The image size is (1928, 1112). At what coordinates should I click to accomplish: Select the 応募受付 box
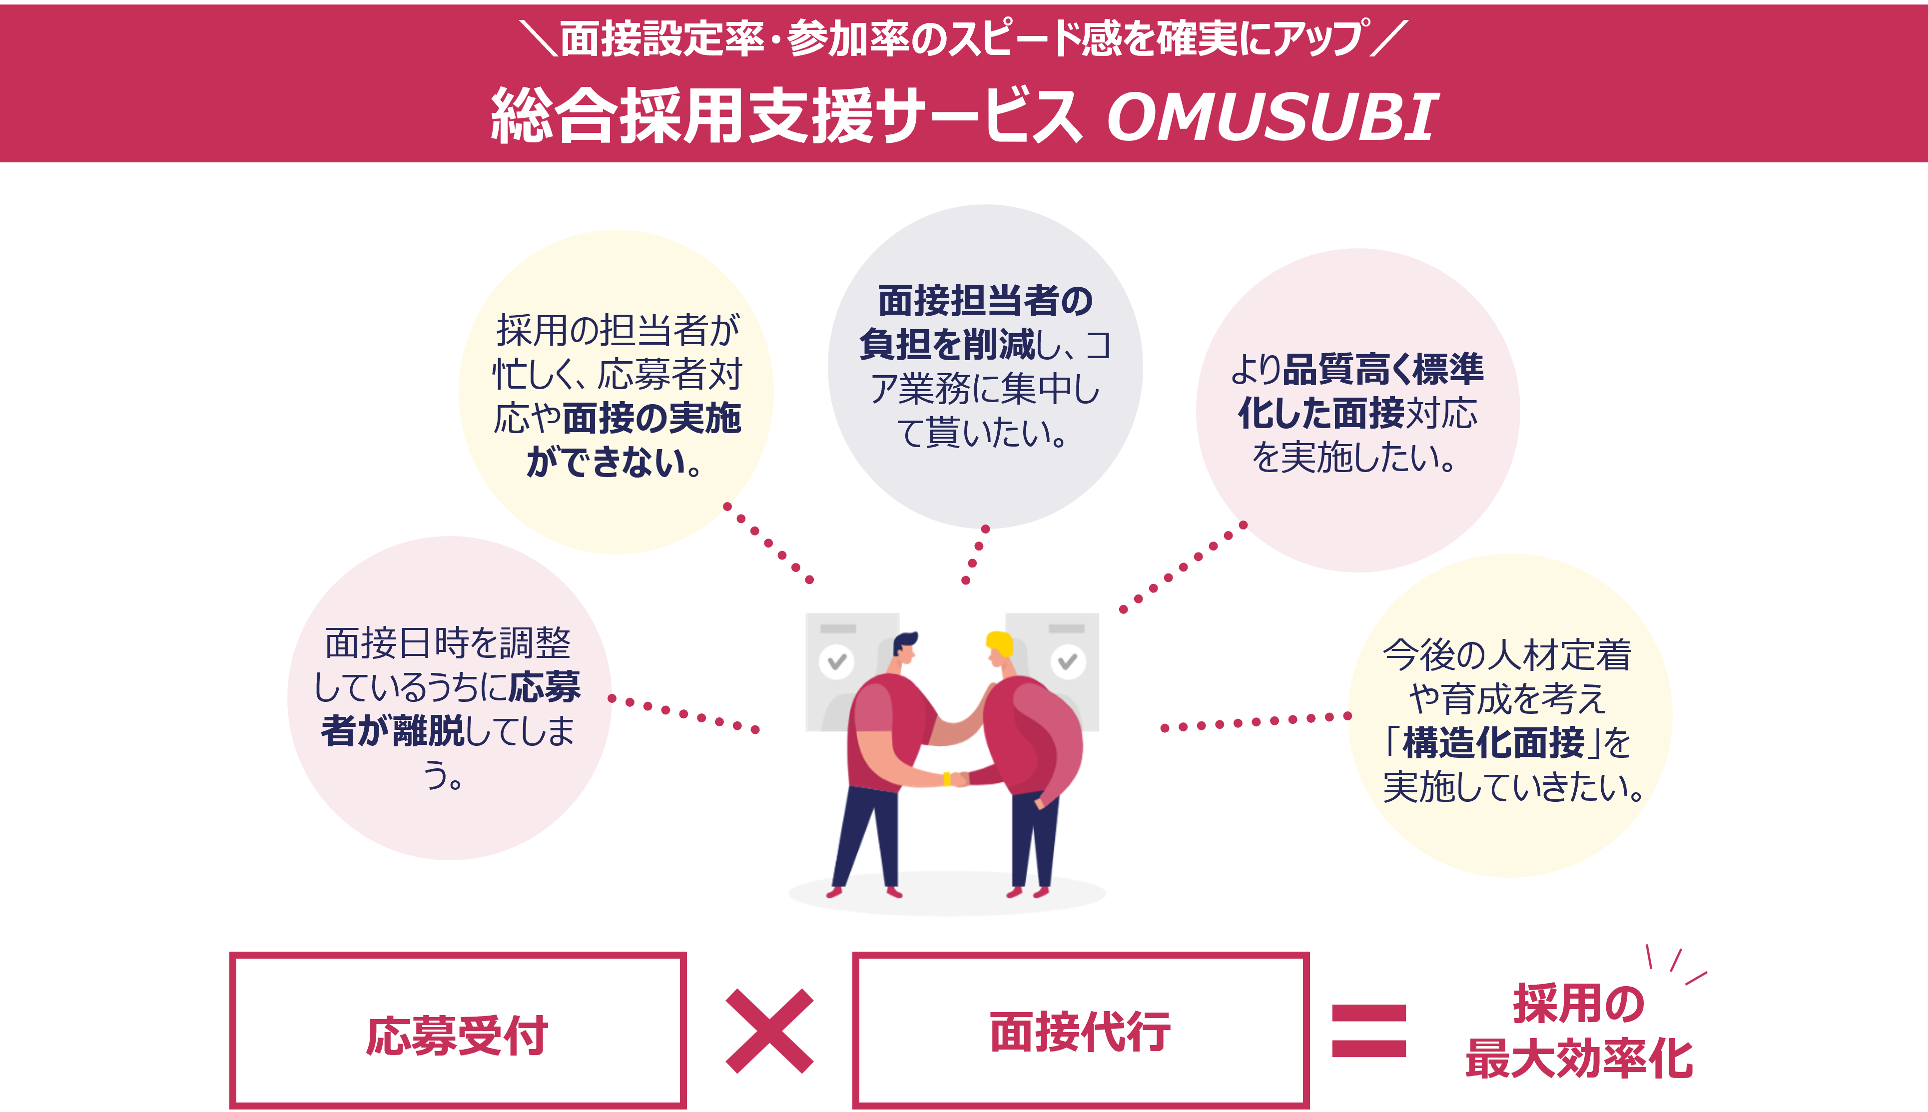[458, 1030]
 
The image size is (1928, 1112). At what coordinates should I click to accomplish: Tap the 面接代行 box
[1080, 1030]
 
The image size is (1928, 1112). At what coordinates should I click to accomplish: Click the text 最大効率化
[1579, 1060]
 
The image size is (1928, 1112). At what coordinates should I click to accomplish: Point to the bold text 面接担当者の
[985, 300]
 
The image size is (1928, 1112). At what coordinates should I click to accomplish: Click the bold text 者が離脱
[392, 731]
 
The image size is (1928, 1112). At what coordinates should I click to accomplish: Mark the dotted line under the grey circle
[975, 554]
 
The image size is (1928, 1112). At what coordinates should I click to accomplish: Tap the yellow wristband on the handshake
[947, 779]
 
